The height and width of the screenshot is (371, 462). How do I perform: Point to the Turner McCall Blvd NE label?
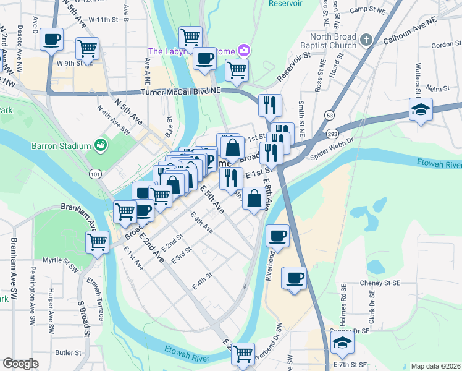(x=180, y=92)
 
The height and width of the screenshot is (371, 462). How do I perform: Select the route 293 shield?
(x=333, y=134)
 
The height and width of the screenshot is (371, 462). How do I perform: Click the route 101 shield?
(x=94, y=175)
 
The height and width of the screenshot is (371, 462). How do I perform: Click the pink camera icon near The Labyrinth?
(x=244, y=50)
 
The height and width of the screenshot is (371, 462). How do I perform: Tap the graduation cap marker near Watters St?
(x=421, y=111)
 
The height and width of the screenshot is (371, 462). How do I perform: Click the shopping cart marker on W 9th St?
(x=87, y=48)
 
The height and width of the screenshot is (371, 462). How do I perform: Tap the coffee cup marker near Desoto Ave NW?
(x=51, y=40)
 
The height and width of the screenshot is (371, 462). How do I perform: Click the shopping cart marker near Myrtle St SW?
(x=98, y=241)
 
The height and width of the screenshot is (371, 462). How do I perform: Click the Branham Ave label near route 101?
(x=78, y=208)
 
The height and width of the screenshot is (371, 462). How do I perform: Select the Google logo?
(x=20, y=364)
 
